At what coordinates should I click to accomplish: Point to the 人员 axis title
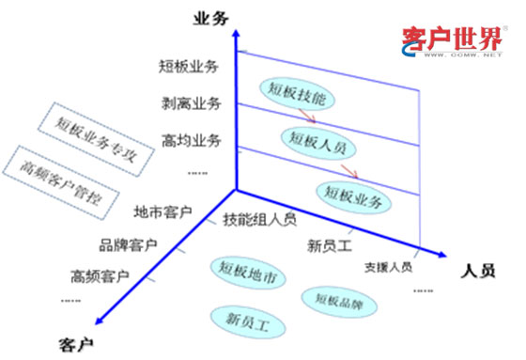pyautogui.click(x=479, y=271)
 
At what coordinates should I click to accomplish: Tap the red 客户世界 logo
pyautogui.click(x=452, y=40)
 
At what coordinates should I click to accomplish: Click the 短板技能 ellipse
pyautogui.click(x=296, y=92)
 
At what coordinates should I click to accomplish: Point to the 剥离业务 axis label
pyautogui.click(x=190, y=103)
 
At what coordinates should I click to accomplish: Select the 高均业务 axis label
pyautogui.click(x=190, y=141)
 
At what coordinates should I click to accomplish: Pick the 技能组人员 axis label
pyautogui.click(x=260, y=220)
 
